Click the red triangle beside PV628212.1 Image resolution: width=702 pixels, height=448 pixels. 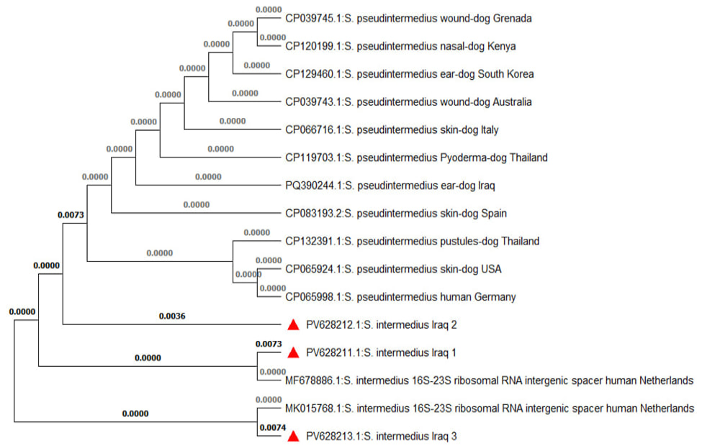point(293,325)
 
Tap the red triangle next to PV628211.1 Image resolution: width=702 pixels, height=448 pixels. point(293,353)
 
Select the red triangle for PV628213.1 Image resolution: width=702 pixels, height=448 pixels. point(293,436)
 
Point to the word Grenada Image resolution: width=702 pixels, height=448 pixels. point(512,19)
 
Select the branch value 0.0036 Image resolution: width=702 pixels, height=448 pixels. point(172,316)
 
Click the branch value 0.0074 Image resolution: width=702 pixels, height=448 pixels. point(273,427)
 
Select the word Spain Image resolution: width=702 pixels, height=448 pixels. point(494,214)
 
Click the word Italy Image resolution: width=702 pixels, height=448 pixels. point(490,130)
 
